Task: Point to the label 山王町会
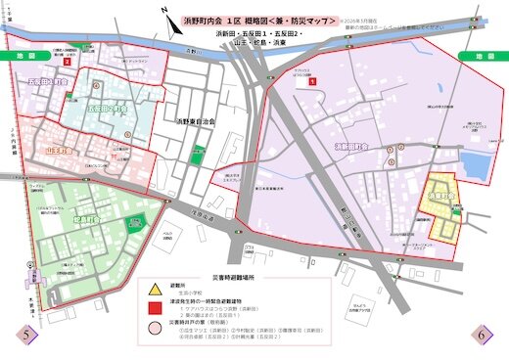[62, 152]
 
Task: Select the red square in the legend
[155, 309]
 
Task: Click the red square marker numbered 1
[311, 83]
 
